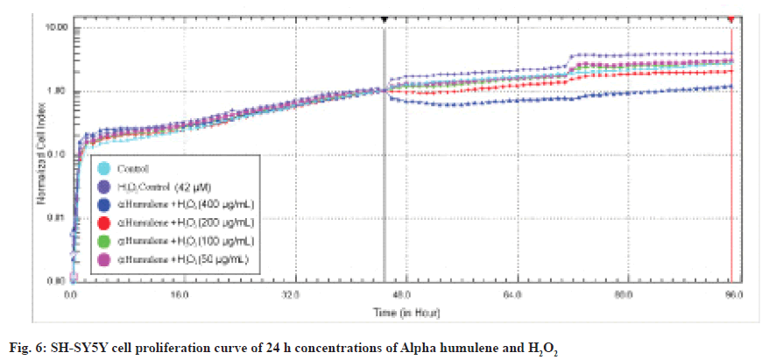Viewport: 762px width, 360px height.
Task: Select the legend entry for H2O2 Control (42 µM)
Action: coord(105,186)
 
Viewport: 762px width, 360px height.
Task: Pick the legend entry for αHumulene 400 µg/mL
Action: coord(105,203)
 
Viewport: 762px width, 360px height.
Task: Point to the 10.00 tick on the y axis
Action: coord(56,27)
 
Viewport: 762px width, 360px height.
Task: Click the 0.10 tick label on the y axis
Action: coord(56,154)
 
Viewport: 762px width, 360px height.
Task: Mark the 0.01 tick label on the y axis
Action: coord(56,217)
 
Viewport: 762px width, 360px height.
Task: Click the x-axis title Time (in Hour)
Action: coord(403,312)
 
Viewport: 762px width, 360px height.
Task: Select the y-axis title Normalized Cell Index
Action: coord(40,154)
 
